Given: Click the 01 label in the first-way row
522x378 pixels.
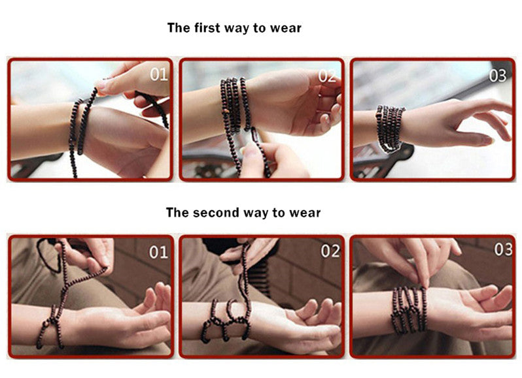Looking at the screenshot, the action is [158, 74].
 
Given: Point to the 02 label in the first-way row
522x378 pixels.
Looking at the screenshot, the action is [327, 76].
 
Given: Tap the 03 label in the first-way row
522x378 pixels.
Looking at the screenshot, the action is [497, 76].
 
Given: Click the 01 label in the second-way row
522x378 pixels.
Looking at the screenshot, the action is [158, 252].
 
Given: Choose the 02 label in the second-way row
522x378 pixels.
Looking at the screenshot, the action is [330, 251].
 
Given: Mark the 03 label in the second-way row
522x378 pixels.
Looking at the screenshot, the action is [502, 249].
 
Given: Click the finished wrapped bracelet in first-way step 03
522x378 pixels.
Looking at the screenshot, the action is [389, 128].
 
